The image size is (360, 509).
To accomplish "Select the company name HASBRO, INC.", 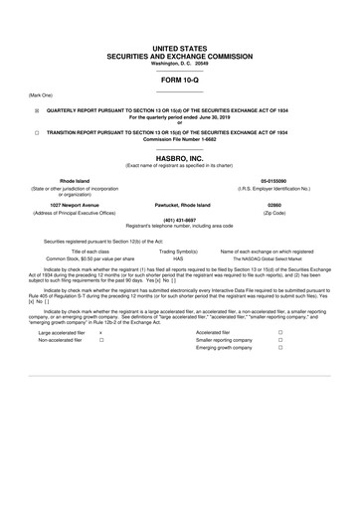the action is pos(179,157).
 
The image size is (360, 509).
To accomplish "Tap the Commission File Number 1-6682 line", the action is pos(179,138).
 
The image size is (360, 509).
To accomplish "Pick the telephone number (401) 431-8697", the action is pos(179,220).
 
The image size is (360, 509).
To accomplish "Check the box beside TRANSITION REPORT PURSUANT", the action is pos(38,131).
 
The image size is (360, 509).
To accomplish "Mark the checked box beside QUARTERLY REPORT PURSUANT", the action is pos(38,112).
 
